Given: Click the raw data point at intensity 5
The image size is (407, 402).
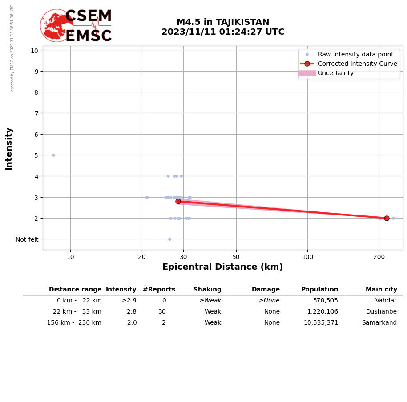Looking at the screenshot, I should click(53, 155).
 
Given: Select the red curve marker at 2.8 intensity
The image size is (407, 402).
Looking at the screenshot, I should click(178, 201).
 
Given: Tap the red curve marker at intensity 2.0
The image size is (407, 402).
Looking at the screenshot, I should click(387, 218).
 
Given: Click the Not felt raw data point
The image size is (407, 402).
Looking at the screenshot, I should click(169, 239).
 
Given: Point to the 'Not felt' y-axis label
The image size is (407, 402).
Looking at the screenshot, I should click(27, 239).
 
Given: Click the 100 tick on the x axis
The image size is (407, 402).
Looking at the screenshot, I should click(307, 257).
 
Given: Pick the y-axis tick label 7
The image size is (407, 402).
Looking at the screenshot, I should click(34, 113).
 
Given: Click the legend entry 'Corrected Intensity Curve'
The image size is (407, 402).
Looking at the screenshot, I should click(357, 64).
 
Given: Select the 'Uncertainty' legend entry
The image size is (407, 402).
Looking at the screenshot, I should click(335, 73).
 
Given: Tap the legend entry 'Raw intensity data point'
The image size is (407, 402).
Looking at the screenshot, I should click(355, 54).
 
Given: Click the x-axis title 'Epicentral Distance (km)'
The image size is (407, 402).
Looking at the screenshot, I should click(222, 267).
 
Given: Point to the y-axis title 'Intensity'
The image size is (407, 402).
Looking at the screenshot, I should click(9, 148).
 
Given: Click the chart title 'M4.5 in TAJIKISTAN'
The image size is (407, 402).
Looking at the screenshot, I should click(223, 22).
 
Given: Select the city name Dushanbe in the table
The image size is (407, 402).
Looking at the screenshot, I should click(381, 312).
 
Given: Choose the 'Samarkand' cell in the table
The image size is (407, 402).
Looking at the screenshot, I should click(379, 323).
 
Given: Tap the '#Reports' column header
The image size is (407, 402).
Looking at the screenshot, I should click(159, 290).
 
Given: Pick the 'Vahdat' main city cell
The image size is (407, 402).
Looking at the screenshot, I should click(386, 301).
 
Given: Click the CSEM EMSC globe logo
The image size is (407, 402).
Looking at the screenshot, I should click(57, 25).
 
